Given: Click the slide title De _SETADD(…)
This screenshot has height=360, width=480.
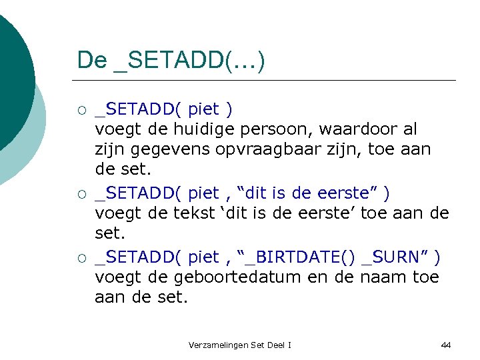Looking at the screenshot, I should pos(171,60).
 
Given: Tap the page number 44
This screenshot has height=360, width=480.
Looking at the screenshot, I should pos(446,345).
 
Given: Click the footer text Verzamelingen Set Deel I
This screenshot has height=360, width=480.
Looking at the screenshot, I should pos(240,345).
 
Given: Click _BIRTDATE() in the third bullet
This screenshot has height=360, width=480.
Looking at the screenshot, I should pos(303,257).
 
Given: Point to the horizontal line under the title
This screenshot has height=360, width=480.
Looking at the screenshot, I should pos(267,81).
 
